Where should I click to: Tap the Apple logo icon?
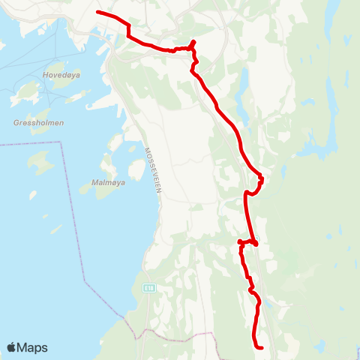(x=12, y=347)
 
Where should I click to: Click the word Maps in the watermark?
(x=33, y=347)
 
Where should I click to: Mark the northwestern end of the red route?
(x=98, y=13)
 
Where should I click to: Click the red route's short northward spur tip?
(x=194, y=41)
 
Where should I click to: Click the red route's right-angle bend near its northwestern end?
(x=128, y=34)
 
